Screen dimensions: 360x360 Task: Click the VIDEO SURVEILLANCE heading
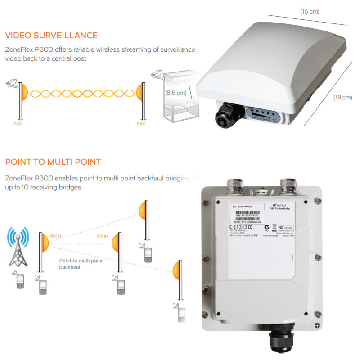point(51,36)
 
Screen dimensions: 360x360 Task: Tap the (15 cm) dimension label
point(310,12)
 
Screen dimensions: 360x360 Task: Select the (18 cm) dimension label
point(342,98)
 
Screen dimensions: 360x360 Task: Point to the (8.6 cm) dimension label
point(175,93)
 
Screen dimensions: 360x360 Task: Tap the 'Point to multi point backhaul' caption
point(81,264)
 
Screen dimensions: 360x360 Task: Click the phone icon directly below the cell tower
point(19,281)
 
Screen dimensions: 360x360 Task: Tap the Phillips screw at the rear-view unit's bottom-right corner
point(318,325)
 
